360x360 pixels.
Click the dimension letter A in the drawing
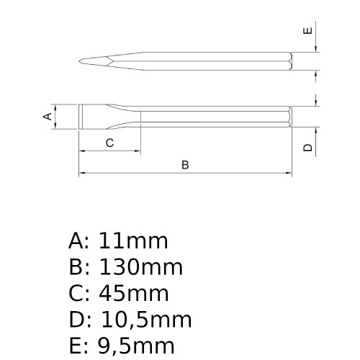(48, 116)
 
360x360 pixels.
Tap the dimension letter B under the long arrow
(185, 165)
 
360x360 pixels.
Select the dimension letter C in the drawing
(109, 143)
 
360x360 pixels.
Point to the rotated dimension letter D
(307, 148)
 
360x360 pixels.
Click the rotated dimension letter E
(307, 30)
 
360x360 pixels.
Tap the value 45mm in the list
(134, 293)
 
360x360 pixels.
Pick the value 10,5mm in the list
(145, 320)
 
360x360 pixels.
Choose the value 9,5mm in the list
(137, 346)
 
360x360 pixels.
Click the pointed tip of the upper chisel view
(81, 60)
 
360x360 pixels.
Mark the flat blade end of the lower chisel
(81, 117)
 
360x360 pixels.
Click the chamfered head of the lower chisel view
(289, 117)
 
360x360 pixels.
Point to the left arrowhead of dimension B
(81, 174)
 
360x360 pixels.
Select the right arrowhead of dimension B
(289, 174)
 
